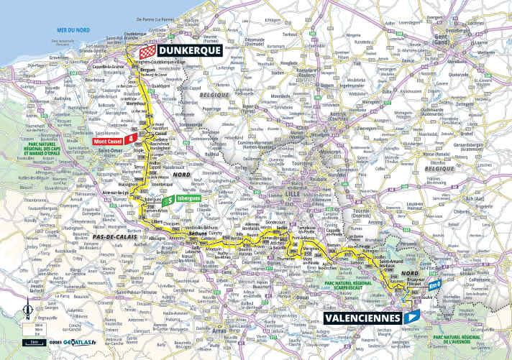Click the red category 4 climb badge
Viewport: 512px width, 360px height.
(131, 138)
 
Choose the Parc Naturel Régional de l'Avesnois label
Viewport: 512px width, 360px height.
(471, 338)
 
